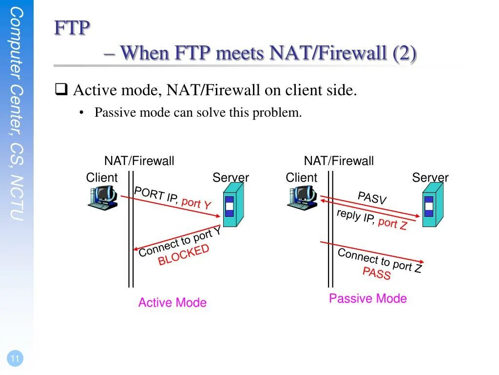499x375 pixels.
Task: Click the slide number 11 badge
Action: coord(15,359)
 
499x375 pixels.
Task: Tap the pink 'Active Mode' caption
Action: coord(172,303)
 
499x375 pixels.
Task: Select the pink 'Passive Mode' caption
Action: coord(367,298)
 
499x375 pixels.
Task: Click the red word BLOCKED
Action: coord(183,255)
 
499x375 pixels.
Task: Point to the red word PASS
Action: coord(377,273)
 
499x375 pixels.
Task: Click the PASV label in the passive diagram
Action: coord(372,198)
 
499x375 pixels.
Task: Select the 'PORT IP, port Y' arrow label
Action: coord(173,198)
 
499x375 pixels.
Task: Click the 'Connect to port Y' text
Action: coord(180,243)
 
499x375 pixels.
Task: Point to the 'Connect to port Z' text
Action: coord(379,260)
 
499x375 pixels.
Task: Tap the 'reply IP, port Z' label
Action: coord(371,219)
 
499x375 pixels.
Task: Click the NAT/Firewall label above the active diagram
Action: coord(139,161)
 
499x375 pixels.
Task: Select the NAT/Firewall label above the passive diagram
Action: coord(339,161)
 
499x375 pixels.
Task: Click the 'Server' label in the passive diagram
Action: coord(430,177)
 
